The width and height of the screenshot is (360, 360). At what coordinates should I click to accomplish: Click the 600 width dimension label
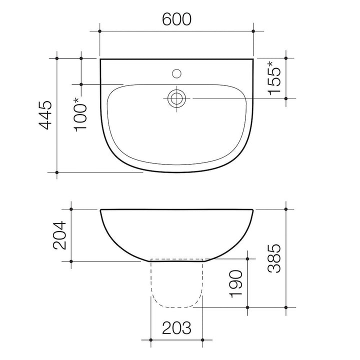point(176,19)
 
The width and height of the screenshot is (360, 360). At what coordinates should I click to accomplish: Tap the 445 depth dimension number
point(45,115)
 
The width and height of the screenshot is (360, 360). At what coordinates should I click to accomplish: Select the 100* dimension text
point(80,115)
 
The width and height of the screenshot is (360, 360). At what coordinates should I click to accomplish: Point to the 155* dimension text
point(274,78)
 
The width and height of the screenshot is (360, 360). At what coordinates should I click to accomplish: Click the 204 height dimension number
point(59,235)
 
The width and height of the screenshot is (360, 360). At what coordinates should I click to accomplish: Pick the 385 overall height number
point(274,258)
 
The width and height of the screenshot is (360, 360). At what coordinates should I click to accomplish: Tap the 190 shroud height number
point(236,284)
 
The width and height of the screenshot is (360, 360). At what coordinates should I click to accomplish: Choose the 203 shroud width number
point(176,328)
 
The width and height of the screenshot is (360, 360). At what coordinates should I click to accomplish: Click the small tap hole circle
point(176,73)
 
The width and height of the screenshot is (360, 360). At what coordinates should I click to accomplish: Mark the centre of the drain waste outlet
point(176,98)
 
